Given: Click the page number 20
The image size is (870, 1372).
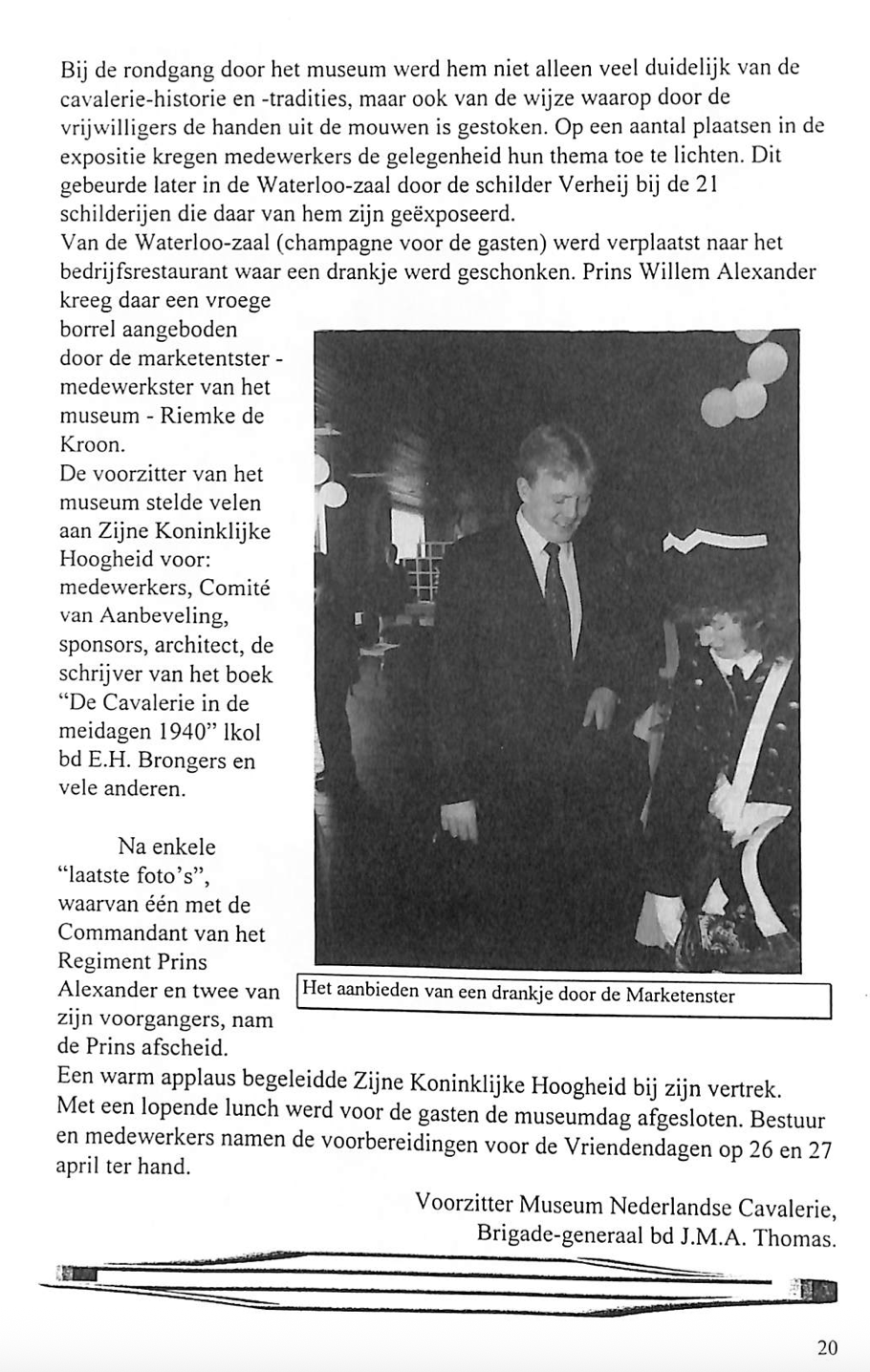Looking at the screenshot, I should pos(827,1348).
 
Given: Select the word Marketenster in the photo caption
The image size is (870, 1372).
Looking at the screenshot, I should pos(680,996).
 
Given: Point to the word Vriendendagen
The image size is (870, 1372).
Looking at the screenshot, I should pos(652,1147).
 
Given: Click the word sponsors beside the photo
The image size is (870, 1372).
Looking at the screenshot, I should pos(99,646).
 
